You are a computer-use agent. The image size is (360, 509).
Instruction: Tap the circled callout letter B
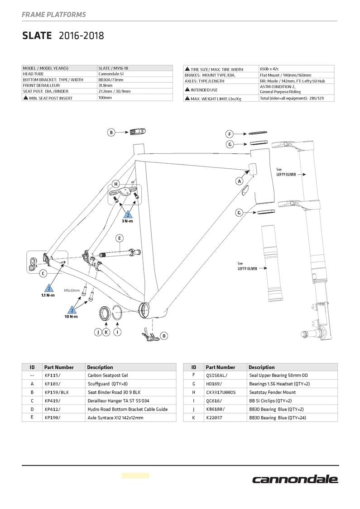(111, 132)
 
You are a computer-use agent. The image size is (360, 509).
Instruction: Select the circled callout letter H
(116, 184)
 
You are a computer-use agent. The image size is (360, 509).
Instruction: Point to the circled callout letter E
(120, 238)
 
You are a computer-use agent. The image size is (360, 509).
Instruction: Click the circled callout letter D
(164, 336)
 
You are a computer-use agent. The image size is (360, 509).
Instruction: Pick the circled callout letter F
(230, 134)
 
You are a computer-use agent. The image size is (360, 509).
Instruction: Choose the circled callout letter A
(239, 181)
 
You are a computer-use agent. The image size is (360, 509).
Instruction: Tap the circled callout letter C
(43, 273)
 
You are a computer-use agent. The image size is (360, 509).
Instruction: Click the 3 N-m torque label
(127, 221)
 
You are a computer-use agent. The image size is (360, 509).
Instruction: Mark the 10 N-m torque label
(71, 316)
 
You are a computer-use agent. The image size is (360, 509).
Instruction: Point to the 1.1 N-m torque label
(48, 295)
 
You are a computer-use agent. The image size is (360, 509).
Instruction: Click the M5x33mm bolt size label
(72, 290)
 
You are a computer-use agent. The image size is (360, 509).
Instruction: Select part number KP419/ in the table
(53, 401)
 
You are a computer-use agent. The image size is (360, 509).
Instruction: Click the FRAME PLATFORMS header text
(53, 14)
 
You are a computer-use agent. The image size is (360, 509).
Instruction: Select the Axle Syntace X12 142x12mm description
(115, 418)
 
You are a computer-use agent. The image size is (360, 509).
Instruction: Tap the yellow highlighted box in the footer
(135, 476)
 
